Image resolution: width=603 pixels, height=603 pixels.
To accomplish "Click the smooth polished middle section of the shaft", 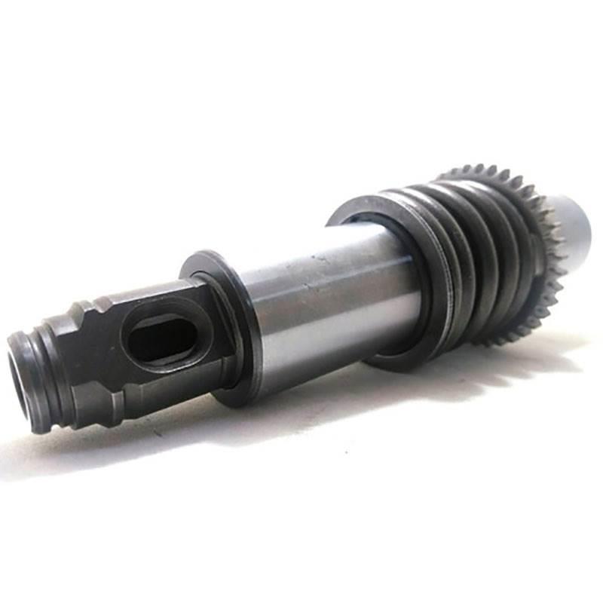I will (324, 309).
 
